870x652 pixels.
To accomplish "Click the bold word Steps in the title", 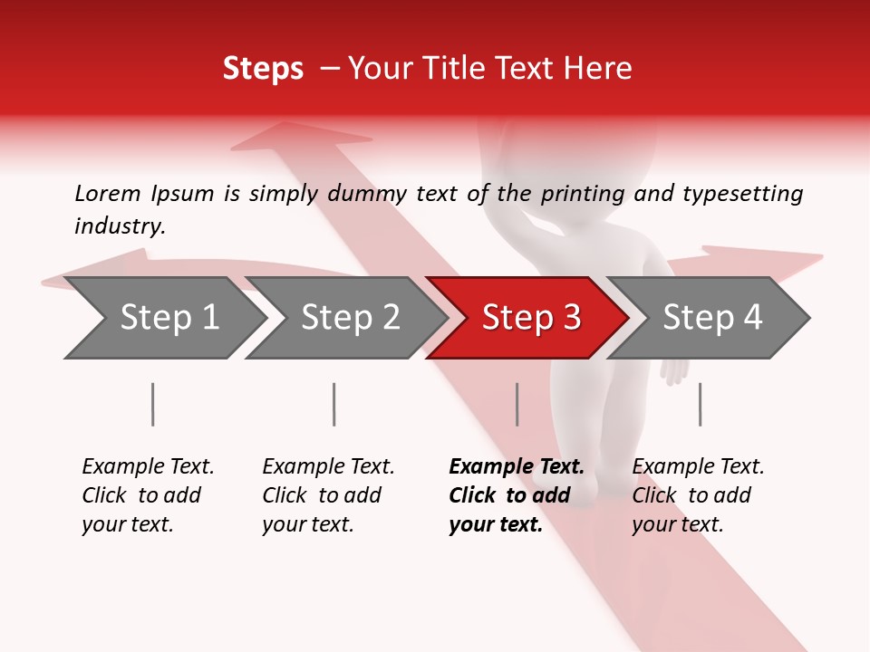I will [263, 69].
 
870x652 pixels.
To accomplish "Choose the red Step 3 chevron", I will [528, 318].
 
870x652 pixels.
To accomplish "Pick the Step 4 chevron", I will [710, 318].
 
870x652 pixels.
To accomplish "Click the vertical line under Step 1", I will [153, 404].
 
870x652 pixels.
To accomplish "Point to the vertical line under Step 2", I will [334, 404].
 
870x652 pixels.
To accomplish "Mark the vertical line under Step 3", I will [517, 404].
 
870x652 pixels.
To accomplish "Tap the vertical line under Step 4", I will [701, 404].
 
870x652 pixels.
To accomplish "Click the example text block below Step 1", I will [148, 495].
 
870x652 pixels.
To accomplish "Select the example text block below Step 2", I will [328, 495].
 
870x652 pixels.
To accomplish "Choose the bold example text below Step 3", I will [516, 495].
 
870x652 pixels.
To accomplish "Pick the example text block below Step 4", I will [698, 495].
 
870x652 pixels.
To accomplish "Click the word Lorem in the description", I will [108, 193].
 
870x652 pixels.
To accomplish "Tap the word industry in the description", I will [119, 226].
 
